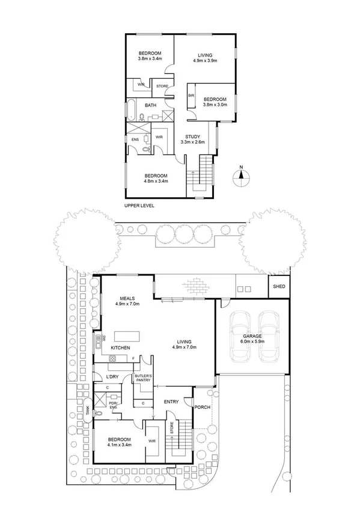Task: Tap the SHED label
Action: pos(279,286)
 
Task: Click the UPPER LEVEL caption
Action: pos(139,205)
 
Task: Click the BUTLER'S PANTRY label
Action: pos(143,378)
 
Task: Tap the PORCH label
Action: pos(202,407)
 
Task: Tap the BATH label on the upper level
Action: pos(150,106)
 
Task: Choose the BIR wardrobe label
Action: pos(192,96)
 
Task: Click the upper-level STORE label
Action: pos(162,86)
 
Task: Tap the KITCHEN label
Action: pos(120,348)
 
